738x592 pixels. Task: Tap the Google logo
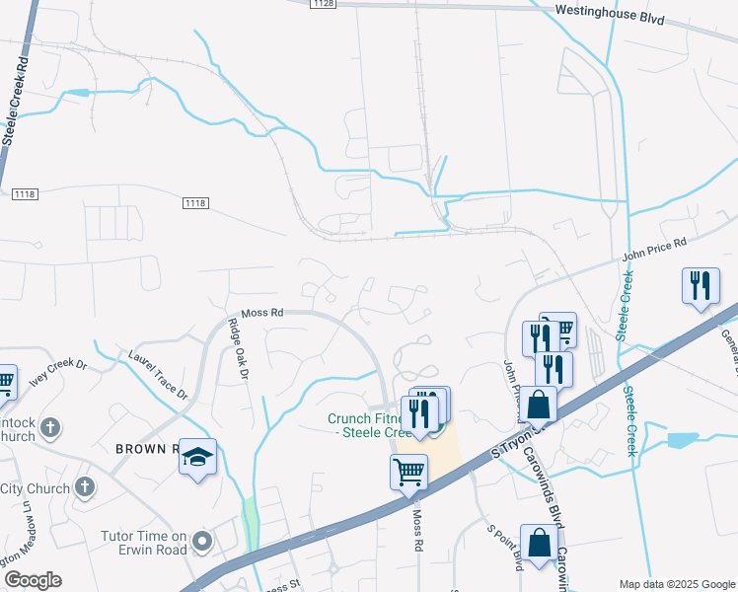tap(33, 580)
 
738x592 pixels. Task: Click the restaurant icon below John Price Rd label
tap(701, 286)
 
